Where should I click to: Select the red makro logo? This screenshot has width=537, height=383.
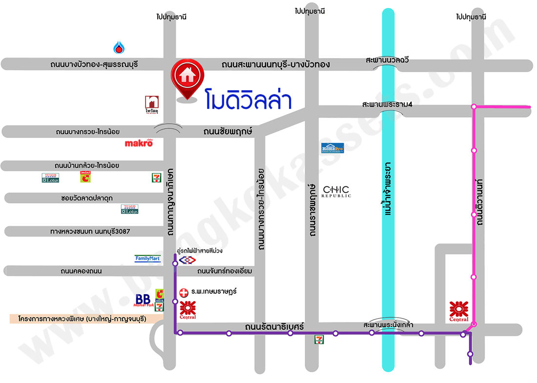[139, 143]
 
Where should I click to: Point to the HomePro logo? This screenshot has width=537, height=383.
[332, 148]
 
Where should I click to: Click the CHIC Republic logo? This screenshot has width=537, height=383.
[337, 191]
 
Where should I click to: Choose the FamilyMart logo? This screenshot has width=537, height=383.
[147, 259]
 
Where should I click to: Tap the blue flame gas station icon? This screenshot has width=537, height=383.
[119, 47]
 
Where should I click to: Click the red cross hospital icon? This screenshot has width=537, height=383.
[184, 292]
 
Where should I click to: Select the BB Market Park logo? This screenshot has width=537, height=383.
[144, 301]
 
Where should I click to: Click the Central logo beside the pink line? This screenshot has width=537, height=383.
[459, 311]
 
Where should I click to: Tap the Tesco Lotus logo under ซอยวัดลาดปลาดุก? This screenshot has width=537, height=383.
[130, 209]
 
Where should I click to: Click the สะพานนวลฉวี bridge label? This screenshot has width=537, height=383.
[387, 60]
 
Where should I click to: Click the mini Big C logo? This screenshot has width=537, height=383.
[85, 177]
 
